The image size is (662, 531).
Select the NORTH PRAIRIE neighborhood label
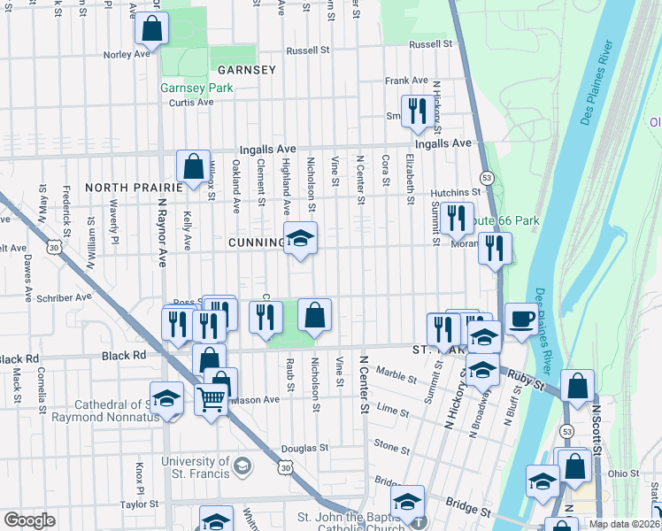133,188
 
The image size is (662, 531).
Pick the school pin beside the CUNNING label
300,238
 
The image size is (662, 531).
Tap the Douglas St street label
305,449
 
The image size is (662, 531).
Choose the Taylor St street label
139,504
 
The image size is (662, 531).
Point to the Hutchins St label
455,192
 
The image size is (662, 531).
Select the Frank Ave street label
407,81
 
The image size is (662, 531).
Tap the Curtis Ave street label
192,103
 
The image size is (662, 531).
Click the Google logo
29,520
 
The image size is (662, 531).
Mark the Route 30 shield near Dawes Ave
55,250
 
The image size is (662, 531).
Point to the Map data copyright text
625,524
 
